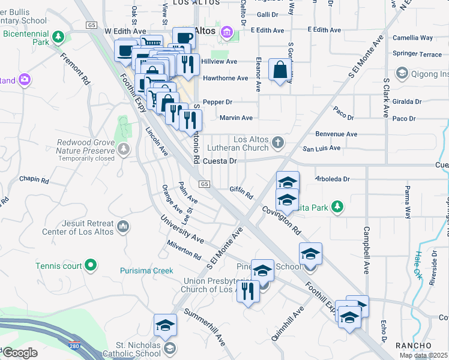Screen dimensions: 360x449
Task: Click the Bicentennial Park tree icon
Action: tap(58, 38)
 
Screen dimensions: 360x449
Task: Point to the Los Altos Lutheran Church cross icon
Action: tap(277, 142)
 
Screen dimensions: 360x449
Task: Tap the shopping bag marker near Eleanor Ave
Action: tap(280, 70)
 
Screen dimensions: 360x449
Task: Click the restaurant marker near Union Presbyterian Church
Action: tap(247, 292)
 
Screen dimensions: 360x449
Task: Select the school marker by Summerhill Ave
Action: tap(165, 325)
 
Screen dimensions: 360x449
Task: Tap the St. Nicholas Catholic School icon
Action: tap(170, 349)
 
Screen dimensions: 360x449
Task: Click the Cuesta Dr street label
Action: tap(220, 161)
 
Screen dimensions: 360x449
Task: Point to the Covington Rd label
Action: tap(281, 220)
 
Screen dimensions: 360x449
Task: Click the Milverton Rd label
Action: tap(184, 250)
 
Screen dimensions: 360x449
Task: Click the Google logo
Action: tap(20, 353)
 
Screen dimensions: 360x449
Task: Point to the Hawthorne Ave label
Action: tap(225, 78)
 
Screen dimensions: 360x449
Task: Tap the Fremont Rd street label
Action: tap(75, 68)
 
